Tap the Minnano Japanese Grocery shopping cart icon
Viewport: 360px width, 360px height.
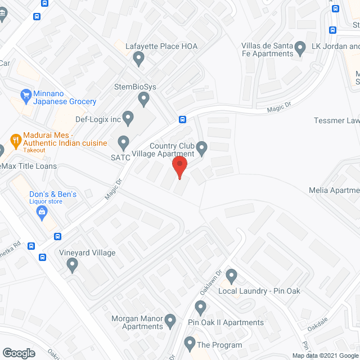pos(25,95)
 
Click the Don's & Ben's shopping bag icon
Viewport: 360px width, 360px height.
pos(42,211)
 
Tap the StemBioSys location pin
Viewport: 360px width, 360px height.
pos(143,99)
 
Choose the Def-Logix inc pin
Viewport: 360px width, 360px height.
pos(128,118)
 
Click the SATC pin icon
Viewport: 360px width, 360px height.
pos(123,142)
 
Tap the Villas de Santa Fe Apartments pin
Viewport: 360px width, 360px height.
pos(300,48)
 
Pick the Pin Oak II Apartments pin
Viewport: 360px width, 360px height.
pos(200,307)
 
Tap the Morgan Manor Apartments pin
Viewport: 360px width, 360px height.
pos(172,321)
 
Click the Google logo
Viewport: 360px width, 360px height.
pos(18,353)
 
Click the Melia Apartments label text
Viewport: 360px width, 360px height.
pos(334,190)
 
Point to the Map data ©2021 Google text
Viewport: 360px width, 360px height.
pos(325,355)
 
